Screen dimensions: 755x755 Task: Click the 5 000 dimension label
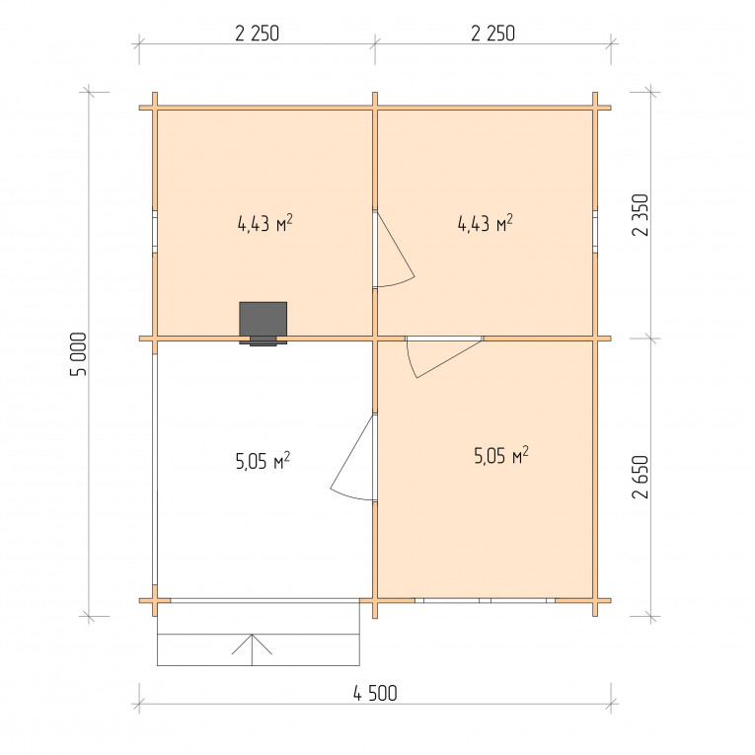click(79, 353)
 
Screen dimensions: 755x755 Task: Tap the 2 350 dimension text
click(641, 215)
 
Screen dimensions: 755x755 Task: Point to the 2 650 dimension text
click(641, 477)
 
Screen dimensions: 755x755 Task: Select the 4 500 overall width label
click(375, 694)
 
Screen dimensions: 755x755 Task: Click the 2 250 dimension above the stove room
click(258, 34)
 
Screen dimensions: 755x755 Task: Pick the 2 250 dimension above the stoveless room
click(492, 34)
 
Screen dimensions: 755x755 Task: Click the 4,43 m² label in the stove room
click(265, 223)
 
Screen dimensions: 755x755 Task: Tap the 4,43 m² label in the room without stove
click(485, 223)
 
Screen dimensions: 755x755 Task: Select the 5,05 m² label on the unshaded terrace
click(263, 461)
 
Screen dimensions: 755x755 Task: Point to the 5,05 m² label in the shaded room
click(501, 455)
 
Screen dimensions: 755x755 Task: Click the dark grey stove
click(263, 319)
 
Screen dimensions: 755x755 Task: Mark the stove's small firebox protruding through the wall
click(263, 341)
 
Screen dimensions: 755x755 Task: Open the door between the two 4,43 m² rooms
click(394, 251)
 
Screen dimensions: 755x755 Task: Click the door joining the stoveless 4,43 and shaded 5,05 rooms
click(444, 357)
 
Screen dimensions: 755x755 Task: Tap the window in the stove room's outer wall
click(155, 232)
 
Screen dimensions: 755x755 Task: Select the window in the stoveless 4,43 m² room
click(595, 232)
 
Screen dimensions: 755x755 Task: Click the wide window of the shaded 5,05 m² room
click(485, 600)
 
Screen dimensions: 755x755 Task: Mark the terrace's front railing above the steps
click(264, 600)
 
